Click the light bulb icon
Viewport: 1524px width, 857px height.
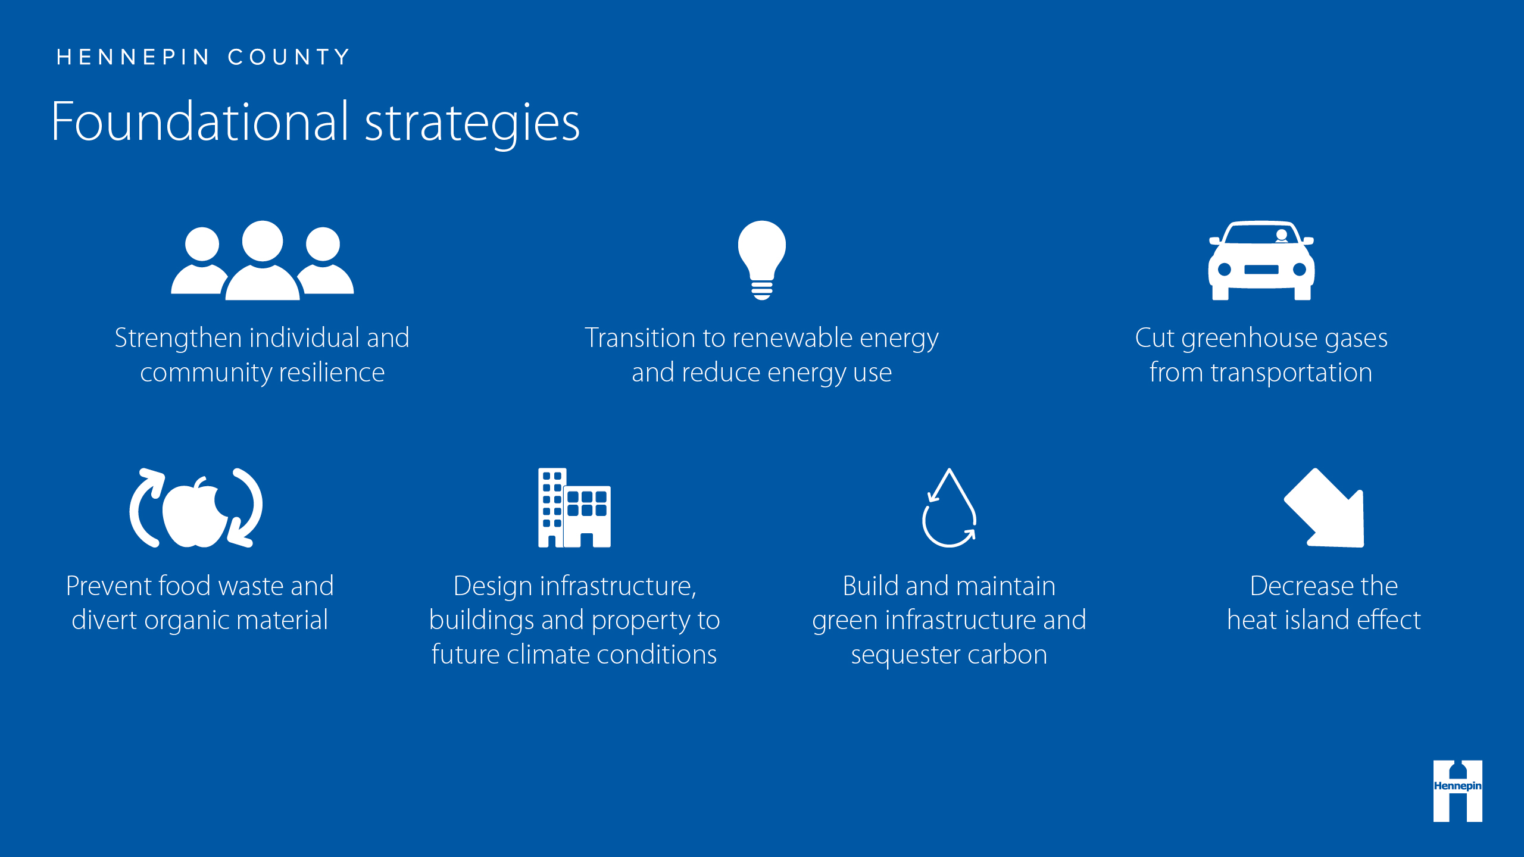click(761, 260)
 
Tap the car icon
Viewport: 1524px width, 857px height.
click(1261, 260)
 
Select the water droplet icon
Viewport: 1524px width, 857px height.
click(949, 508)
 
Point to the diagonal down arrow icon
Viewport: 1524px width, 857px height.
click(1324, 508)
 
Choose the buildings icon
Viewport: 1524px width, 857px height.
click(574, 508)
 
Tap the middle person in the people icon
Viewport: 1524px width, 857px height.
click(263, 260)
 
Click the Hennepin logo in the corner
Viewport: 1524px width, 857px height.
click(1458, 791)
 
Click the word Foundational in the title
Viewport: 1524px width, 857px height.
click(199, 122)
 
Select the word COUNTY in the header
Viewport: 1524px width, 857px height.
click(289, 57)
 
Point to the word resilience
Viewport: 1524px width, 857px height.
click(332, 373)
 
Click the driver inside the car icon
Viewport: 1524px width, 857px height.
click(1282, 236)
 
